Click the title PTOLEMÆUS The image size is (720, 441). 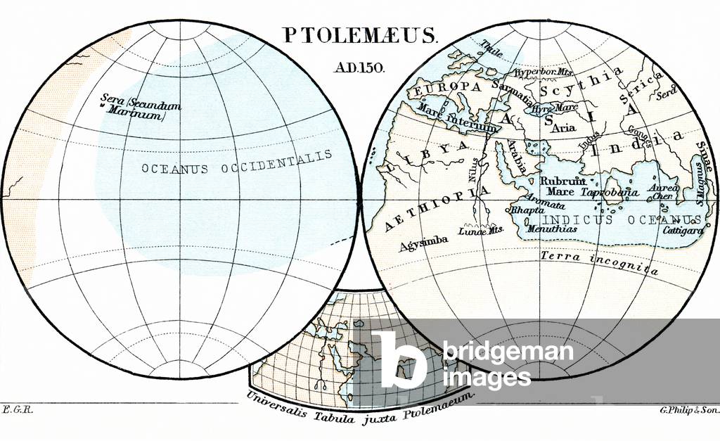coord(360,36)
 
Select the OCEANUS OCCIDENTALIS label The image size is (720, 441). coord(236,163)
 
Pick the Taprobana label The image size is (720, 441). coord(610,191)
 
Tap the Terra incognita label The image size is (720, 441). coord(599,262)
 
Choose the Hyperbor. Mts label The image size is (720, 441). coord(544,72)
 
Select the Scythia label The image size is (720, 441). coord(581,82)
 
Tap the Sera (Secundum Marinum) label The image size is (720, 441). coord(141,106)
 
